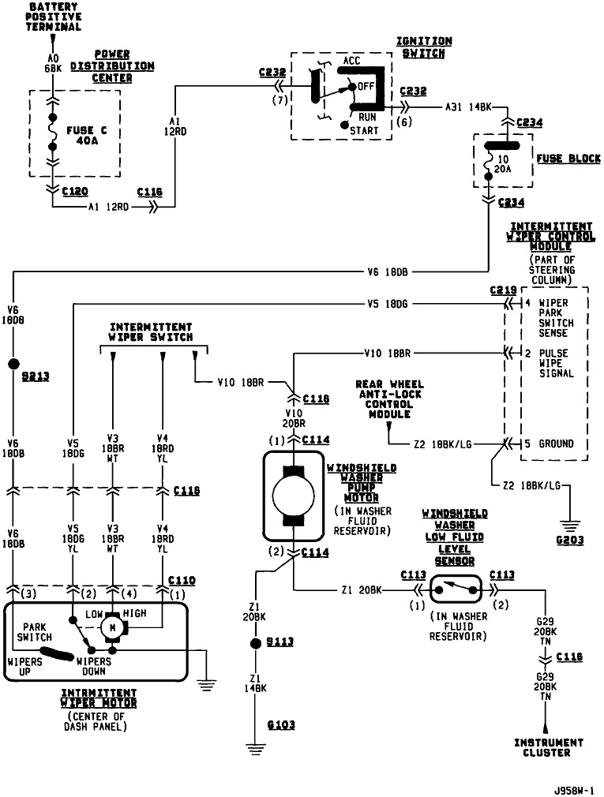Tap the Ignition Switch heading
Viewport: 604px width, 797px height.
(x=425, y=47)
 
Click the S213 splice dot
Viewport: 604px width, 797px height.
(x=13, y=364)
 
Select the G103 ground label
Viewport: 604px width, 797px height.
(x=281, y=724)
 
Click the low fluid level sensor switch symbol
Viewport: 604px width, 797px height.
(x=456, y=588)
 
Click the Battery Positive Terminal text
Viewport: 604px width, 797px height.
(x=55, y=17)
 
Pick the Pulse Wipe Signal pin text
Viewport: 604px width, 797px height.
(x=556, y=363)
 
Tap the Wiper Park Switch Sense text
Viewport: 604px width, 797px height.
(x=557, y=317)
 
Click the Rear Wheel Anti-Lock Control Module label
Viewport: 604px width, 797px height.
(x=389, y=399)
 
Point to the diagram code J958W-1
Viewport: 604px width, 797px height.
(x=573, y=788)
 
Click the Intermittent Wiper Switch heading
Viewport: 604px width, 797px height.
(x=150, y=331)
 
